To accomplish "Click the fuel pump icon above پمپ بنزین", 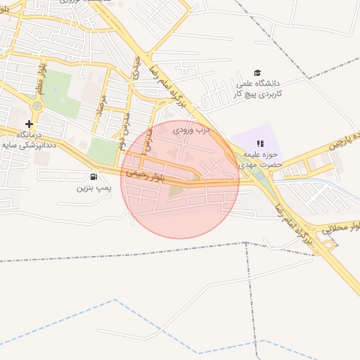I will tap(94, 177).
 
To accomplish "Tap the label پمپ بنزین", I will tap(94, 188).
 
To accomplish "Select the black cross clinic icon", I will tap(29, 124).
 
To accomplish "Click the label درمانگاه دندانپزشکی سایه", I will tap(30, 138).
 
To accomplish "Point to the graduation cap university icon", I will tap(257, 73).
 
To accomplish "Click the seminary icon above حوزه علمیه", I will tap(250, 143).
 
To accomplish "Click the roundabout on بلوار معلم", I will tap(36, 105).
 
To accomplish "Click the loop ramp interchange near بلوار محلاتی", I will tap(328, 245).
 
